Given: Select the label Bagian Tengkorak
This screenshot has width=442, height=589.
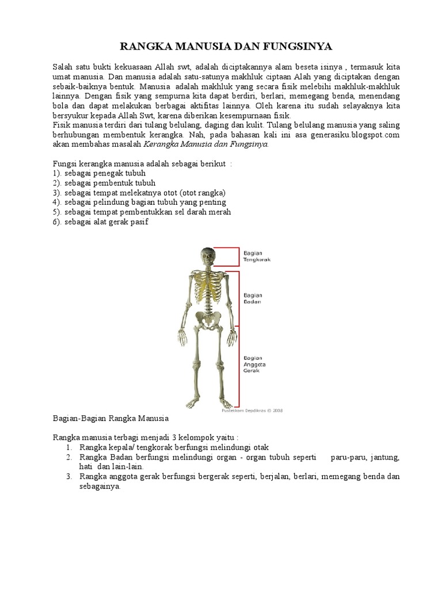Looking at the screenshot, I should tap(257, 256).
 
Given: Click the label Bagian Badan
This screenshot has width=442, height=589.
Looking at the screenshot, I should tap(253, 298).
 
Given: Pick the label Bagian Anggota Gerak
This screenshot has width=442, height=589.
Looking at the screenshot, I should tap(254, 364).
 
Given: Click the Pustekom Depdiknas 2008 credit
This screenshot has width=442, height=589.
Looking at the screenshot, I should tap(252, 411).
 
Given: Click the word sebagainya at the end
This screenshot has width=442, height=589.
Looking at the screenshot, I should tap(100, 486).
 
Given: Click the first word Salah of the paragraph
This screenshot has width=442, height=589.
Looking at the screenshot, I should tap(63, 67).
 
